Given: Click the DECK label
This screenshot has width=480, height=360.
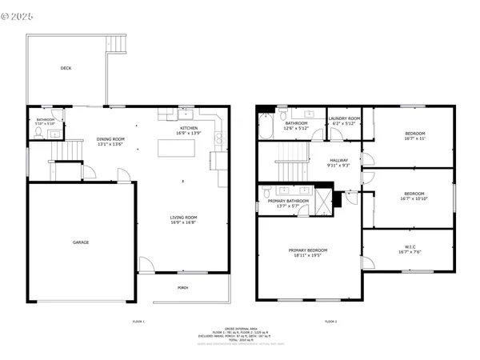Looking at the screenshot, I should (x=66, y=68).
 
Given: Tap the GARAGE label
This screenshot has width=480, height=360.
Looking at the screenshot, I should (x=81, y=242).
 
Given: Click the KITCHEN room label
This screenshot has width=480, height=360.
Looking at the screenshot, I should (x=188, y=128).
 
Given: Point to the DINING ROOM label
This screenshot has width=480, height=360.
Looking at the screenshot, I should (x=111, y=138).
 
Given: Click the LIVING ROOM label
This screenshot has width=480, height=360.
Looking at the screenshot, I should (x=183, y=218).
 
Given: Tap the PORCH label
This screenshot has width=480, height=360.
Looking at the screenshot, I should (x=183, y=288).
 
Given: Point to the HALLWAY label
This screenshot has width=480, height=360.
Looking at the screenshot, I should (x=339, y=160).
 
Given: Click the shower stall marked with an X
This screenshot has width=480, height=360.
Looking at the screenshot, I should (x=323, y=196).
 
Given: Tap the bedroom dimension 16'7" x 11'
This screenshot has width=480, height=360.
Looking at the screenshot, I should (x=414, y=138).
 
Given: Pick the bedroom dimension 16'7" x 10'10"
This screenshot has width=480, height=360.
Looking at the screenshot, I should (x=414, y=198).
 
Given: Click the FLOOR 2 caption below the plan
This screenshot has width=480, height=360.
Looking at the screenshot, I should (x=331, y=321).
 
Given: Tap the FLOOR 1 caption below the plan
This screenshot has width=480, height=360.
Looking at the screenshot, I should (x=138, y=321).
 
